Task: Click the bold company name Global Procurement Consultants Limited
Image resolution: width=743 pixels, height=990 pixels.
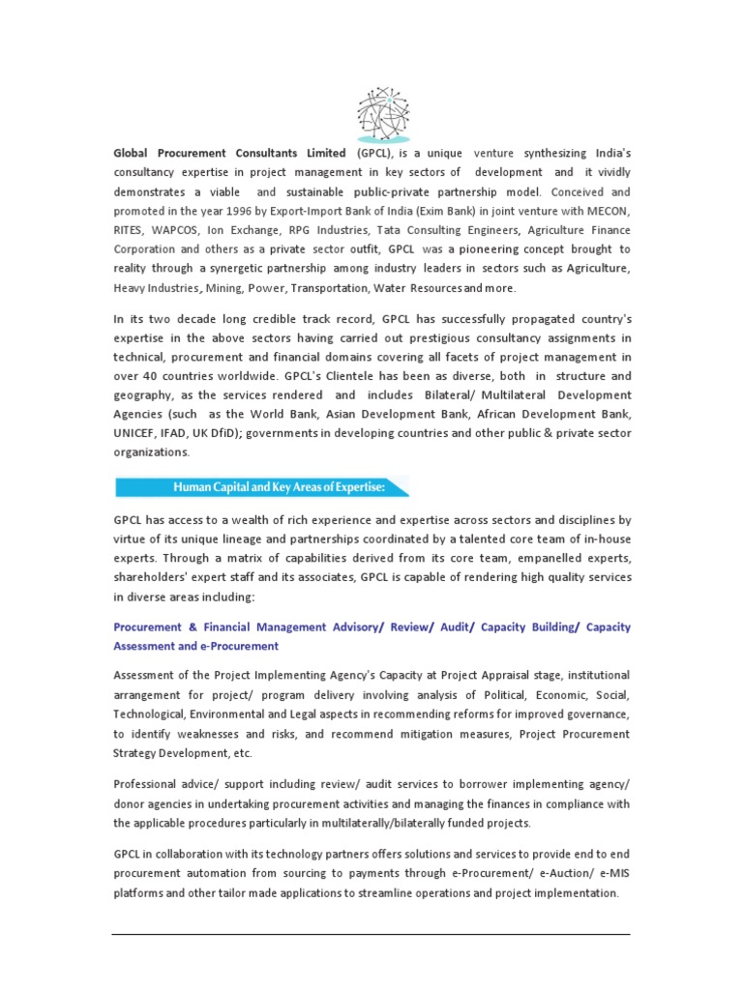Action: tap(229, 153)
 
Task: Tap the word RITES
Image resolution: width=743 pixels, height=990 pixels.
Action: tap(132, 230)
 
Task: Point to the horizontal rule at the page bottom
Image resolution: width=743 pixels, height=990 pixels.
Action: tap(371, 935)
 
